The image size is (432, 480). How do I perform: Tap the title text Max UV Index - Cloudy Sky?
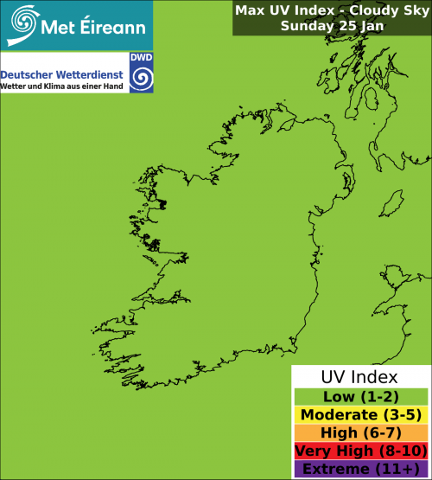pos(332,10)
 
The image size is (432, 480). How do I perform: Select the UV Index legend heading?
pos(359,377)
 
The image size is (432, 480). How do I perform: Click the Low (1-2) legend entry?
pos(359,396)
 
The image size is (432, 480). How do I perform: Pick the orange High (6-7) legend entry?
pos(359,432)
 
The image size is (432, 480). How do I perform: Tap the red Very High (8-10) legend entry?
pos(359,451)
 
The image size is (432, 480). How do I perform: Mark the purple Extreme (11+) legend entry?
pos(359,469)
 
